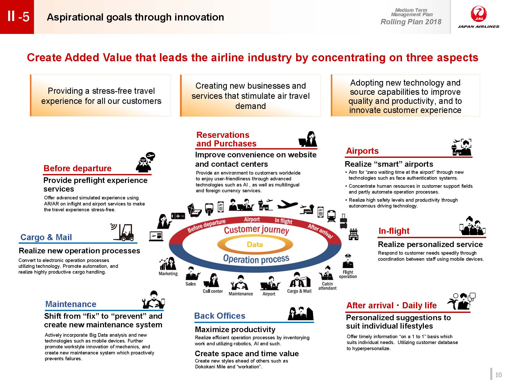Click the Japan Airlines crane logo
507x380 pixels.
pyautogui.click(x=479, y=14)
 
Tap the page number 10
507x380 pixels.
pyautogui.click(x=498, y=375)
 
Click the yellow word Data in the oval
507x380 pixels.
pyautogui.click(x=255, y=244)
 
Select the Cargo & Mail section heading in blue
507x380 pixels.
pyautogui.click(x=46, y=237)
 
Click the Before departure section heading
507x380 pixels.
pyautogui.click(x=78, y=168)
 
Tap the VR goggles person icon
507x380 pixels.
pyautogui.click(x=145, y=162)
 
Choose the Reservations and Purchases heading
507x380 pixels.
pyautogui.click(x=226, y=139)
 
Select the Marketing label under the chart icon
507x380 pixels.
pyautogui.click(x=168, y=274)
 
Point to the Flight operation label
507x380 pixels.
pyautogui.click(x=348, y=274)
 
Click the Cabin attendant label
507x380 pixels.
pyautogui.click(x=327, y=286)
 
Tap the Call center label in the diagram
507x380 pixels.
pyautogui.click(x=213, y=291)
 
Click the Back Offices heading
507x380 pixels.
pyautogui.click(x=220, y=316)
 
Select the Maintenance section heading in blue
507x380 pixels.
pyautogui.click(x=71, y=304)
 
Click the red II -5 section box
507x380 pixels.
pyautogui.click(x=17, y=17)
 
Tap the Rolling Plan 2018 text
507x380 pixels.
pyautogui.click(x=411, y=22)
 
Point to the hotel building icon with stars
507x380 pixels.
pyautogui.click(x=353, y=234)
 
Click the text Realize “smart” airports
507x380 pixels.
pyautogui.click(x=389, y=164)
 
